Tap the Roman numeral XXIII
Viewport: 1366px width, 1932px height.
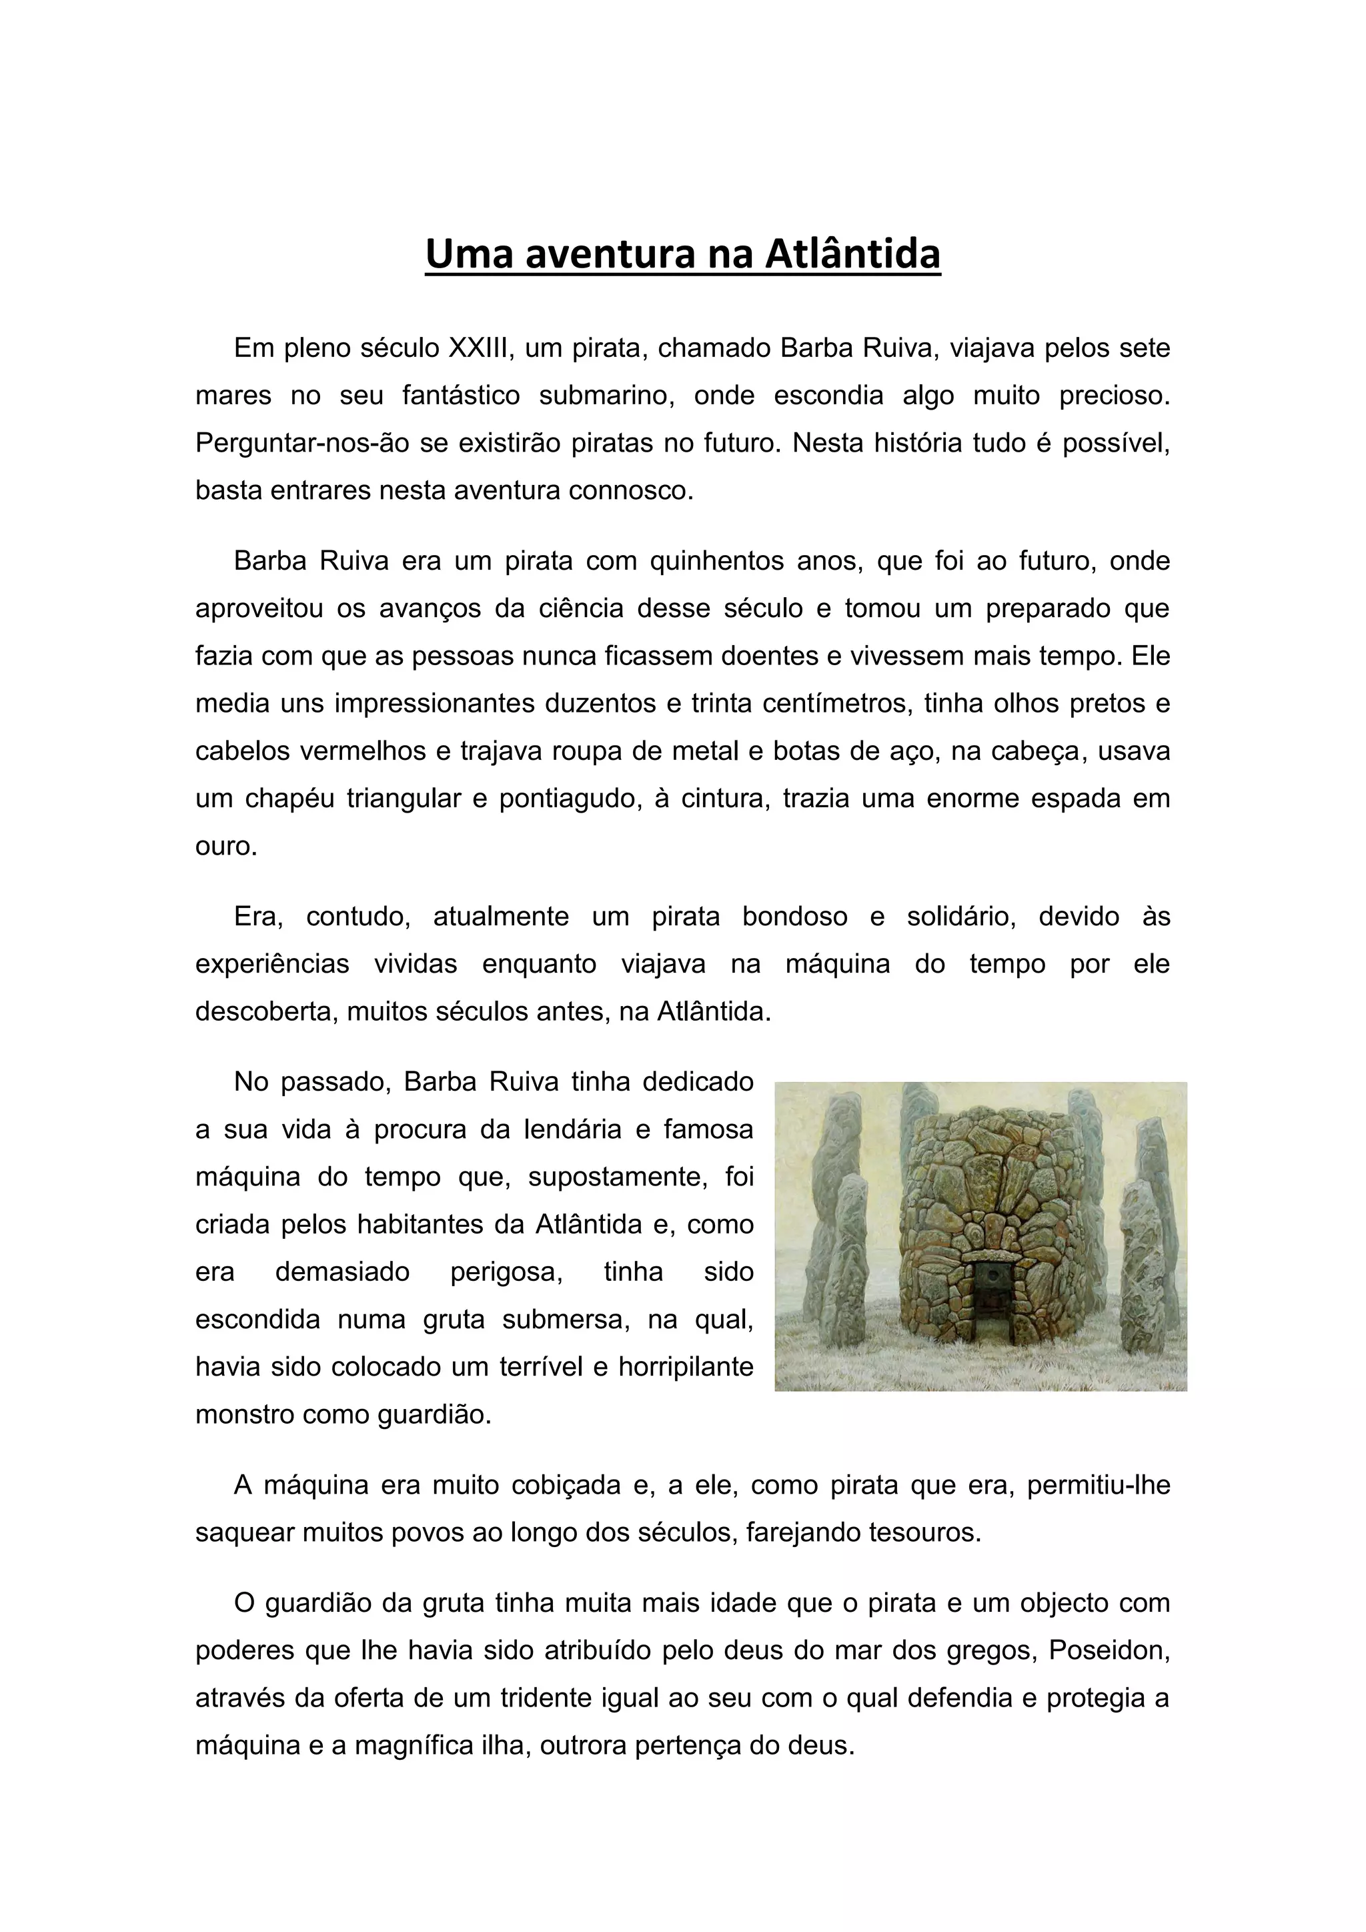[480, 348]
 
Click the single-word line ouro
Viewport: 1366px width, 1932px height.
[225, 846]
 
